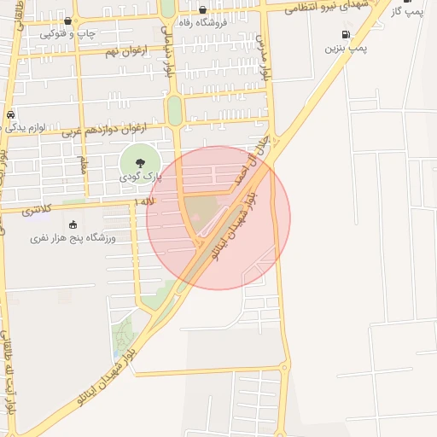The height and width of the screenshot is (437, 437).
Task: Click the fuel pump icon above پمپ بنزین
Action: point(345,35)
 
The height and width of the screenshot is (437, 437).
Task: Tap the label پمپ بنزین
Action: point(345,49)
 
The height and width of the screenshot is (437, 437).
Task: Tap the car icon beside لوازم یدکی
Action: point(9,115)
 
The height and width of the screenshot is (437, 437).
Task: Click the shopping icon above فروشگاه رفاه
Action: point(202,10)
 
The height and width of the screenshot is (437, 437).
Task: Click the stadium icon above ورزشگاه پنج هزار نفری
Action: point(72,224)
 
